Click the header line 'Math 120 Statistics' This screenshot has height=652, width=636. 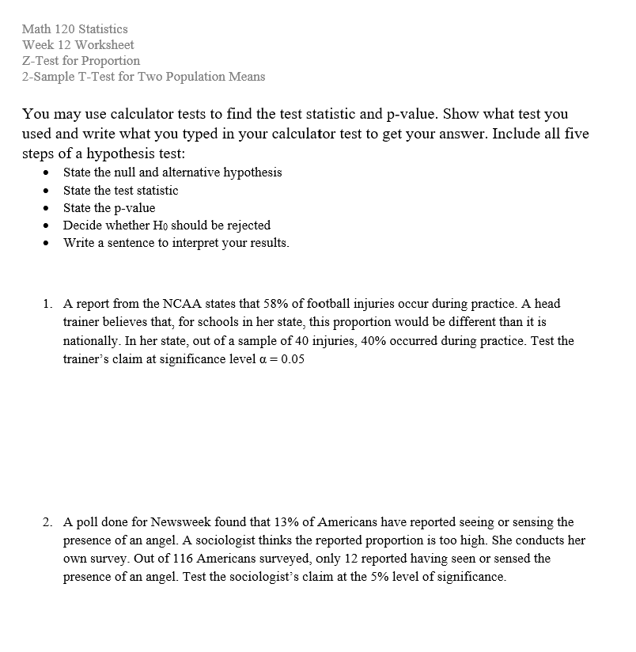75,28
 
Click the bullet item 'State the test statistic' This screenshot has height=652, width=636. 120,190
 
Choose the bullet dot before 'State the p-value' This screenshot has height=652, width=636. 49,208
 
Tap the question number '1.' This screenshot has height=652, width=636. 49,303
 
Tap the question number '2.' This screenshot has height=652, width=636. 49,522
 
